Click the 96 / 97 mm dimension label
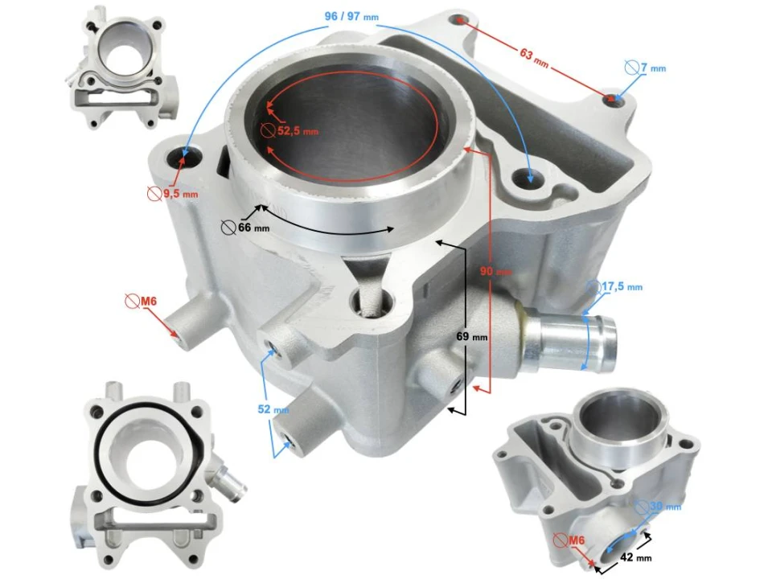tap(352, 17)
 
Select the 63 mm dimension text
tap(532, 58)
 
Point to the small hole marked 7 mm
tap(615, 99)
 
